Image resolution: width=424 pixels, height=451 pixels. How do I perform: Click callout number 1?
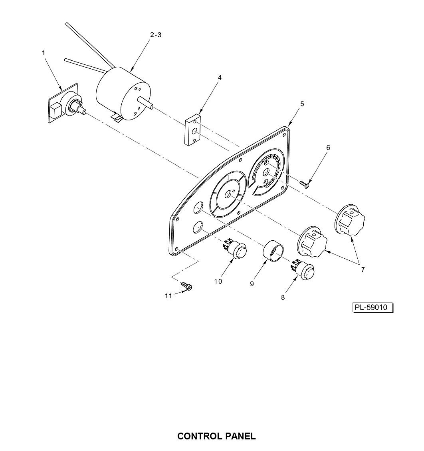pyautogui.click(x=44, y=53)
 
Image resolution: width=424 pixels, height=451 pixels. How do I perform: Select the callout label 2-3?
pyautogui.click(x=156, y=35)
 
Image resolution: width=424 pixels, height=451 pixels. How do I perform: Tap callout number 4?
pyautogui.click(x=220, y=78)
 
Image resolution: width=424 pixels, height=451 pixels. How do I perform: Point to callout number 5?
pyautogui.click(x=302, y=104)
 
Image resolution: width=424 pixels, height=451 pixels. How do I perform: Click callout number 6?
pyautogui.click(x=328, y=148)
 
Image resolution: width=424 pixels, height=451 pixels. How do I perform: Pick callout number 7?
pyautogui.click(x=363, y=269)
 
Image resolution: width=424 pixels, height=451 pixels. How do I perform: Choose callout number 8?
pyautogui.click(x=283, y=297)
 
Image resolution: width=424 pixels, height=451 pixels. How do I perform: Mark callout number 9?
pyautogui.click(x=252, y=284)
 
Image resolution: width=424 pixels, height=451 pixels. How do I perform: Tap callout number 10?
pyautogui.click(x=218, y=281)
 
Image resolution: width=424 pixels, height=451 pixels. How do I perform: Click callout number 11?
pyautogui.click(x=168, y=296)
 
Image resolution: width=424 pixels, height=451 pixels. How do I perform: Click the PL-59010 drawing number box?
pyautogui.click(x=372, y=307)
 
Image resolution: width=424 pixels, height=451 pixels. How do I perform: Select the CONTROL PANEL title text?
pyautogui.click(x=217, y=436)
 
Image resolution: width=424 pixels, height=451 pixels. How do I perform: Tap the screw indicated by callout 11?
pyautogui.click(x=187, y=286)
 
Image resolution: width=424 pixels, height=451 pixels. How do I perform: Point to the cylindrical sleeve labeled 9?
pyautogui.click(x=273, y=250)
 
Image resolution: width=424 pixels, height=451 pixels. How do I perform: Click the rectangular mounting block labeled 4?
pyautogui.click(x=193, y=130)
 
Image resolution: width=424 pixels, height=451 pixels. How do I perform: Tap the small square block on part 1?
pyautogui.click(x=56, y=110)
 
